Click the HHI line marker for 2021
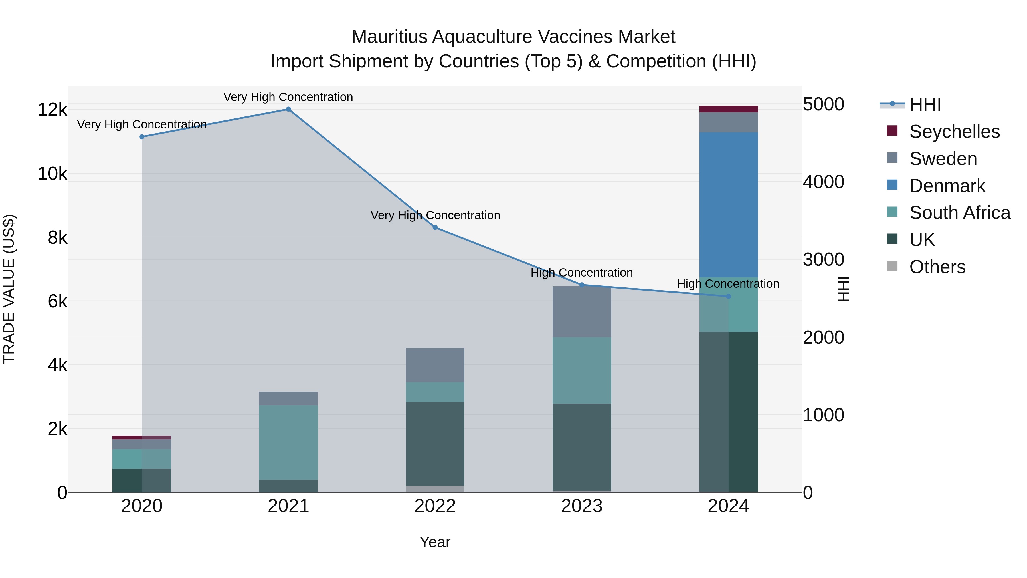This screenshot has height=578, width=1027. [288, 109]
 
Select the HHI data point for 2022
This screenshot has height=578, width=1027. [435, 227]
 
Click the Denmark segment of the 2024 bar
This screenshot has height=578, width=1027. [728, 205]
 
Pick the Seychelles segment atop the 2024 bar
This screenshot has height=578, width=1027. [728, 109]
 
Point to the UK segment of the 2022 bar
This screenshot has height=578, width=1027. [435, 444]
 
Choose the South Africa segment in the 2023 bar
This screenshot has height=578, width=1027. [582, 370]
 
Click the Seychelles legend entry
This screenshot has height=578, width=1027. [955, 132]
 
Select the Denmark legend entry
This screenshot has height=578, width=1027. [947, 186]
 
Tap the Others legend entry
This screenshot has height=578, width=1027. [937, 267]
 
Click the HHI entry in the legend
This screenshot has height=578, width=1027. [925, 104]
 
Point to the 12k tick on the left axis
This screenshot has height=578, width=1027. [52, 110]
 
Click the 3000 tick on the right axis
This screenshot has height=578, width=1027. [823, 260]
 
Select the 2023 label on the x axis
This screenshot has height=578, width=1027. [582, 506]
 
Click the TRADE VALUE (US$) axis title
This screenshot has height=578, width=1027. [9, 289]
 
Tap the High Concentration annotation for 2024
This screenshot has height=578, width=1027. [728, 284]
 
